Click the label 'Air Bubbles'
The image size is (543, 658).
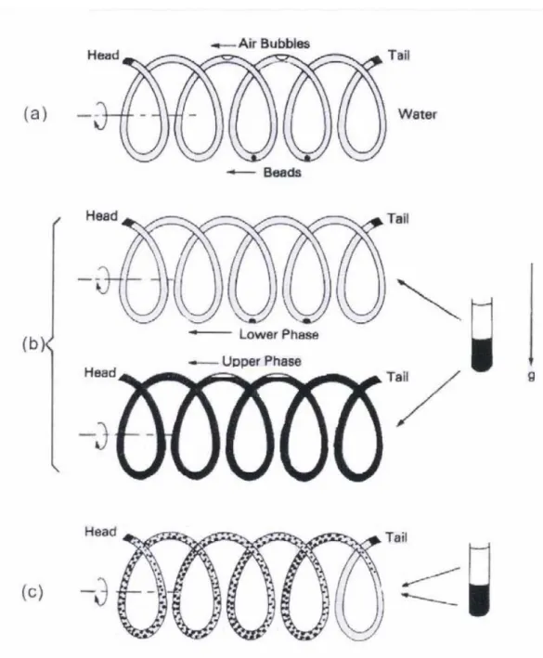coord(275,44)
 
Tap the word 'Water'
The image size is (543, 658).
coord(418,114)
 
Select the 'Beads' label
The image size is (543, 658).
coord(282,172)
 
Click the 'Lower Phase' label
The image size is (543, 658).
coord(279,334)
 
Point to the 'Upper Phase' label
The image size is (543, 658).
coord(262,361)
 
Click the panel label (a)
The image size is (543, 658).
coord(35,114)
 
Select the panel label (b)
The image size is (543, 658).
coord(32,343)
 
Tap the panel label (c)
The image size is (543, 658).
coord(32,592)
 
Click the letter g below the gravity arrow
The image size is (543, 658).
coord(531,376)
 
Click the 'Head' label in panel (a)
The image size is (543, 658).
coord(103,55)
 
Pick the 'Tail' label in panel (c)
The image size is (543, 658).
coord(396,537)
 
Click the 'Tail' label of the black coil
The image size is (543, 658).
coord(397,377)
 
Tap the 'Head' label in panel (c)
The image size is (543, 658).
coord(101,532)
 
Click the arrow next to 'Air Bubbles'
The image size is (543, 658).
coord(223,45)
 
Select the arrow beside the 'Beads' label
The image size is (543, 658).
coord(240,172)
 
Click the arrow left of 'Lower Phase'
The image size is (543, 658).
coord(210,332)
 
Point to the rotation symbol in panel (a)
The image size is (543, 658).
coord(102,115)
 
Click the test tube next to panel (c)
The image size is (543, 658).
coord(479,579)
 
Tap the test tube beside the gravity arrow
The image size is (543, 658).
coord(482,334)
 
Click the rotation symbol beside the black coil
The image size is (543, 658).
coord(102,435)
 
